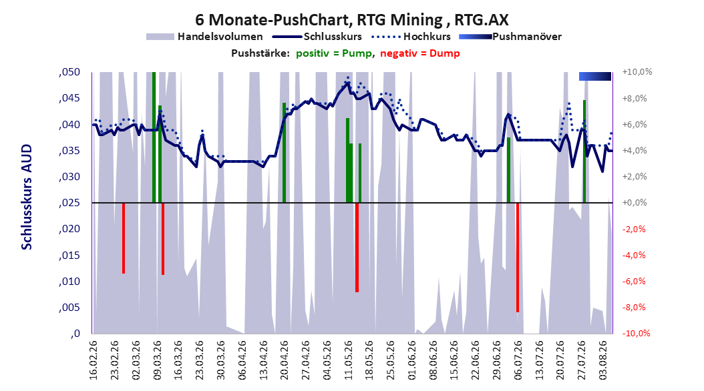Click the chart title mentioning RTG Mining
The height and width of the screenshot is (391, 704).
(352, 20)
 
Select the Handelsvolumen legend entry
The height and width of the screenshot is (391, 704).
(205, 37)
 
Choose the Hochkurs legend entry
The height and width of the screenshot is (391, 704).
(411, 37)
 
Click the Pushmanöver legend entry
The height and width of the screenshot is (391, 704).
(510, 37)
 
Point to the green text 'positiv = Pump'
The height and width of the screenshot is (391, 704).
(334, 53)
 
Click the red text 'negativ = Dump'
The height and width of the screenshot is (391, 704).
(420, 53)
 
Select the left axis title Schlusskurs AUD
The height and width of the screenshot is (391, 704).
(27, 198)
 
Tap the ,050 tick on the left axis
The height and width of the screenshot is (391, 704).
(69, 72)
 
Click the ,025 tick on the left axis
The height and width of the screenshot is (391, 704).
(69, 203)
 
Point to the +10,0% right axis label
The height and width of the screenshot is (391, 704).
(637, 72)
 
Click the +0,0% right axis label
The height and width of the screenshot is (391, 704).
(635, 203)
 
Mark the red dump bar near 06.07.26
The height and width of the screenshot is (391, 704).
(518, 258)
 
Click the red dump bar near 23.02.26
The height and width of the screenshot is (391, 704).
(124, 238)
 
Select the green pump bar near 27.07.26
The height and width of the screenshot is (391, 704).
(584, 151)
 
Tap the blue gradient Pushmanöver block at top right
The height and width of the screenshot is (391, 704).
(595, 76)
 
